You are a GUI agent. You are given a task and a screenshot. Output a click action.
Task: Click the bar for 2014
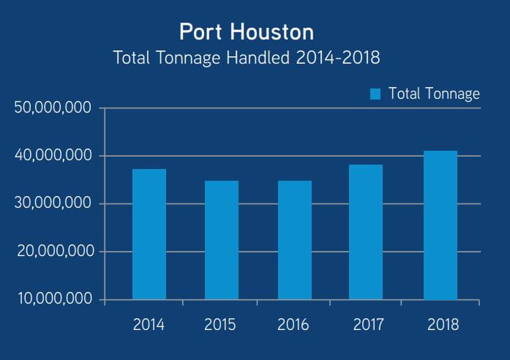pyautogui.click(x=149, y=234)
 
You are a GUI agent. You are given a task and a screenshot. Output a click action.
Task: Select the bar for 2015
pyautogui.click(x=222, y=240)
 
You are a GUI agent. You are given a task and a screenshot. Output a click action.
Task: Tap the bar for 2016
pyautogui.click(x=294, y=240)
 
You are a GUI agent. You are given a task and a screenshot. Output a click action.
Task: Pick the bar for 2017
pyautogui.click(x=366, y=232)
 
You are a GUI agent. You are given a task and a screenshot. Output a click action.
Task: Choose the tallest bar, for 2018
pyautogui.click(x=440, y=225)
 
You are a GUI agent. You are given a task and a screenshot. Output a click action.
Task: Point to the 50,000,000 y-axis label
pyautogui.click(x=53, y=108)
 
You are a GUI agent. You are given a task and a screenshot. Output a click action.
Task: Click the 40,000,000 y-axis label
pyautogui.click(x=53, y=156)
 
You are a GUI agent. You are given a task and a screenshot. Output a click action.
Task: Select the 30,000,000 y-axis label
pyautogui.click(x=53, y=203)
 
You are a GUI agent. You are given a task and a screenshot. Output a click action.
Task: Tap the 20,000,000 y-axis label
pyautogui.click(x=53, y=252)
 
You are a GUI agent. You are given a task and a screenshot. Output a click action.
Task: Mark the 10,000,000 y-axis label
pyautogui.click(x=53, y=299)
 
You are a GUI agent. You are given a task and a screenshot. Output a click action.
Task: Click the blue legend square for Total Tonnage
pyautogui.click(x=375, y=94)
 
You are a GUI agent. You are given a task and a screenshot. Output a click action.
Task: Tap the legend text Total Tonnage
pyautogui.click(x=434, y=94)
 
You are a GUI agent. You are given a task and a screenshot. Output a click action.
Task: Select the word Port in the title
pyautogui.click(x=199, y=33)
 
